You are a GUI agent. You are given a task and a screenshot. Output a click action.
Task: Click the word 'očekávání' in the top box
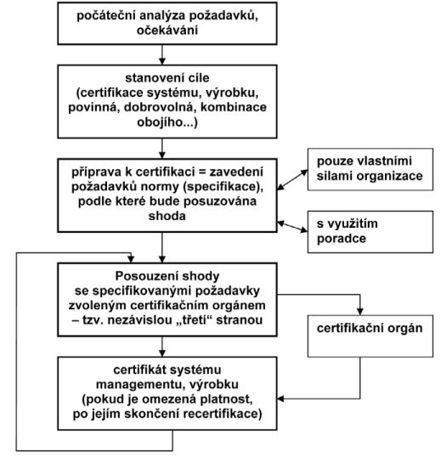click(x=167, y=31)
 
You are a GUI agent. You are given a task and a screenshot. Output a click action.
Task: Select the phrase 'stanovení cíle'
click(x=167, y=78)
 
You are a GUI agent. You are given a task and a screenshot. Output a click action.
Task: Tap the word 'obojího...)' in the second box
click(x=167, y=122)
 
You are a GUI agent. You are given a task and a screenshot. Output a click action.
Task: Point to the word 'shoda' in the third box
click(x=167, y=216)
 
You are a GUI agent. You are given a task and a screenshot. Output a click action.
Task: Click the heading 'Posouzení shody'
click(x=167, y=276)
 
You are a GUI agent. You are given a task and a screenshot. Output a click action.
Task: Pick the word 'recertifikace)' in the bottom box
click(x=219, y=414)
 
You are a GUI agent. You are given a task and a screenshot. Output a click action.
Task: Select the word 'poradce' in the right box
click(x=342, y=239)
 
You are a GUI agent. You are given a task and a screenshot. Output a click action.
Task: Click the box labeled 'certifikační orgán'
click(x=370, y=336)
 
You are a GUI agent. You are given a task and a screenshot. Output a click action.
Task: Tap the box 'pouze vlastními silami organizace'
click(x=370, y=169)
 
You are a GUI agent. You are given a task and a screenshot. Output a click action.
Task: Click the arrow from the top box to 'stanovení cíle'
click(x=162, y=54)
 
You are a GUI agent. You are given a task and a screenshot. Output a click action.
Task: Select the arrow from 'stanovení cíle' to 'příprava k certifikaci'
click(x=162, y=149)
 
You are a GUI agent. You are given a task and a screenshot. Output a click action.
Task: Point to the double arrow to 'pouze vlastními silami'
click(x=292, y=180)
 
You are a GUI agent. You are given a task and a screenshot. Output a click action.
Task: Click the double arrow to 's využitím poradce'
click(x=292, y=227)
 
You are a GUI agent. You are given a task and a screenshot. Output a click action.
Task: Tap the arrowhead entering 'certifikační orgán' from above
click(x=359, y=311)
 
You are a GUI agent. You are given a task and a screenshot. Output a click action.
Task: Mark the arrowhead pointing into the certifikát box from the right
click(x=280, y=399)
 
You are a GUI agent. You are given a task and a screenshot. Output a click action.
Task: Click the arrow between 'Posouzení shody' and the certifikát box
click(x=162, y=347)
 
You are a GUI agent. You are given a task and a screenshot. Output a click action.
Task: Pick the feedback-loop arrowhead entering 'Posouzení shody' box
click(x=131, y=259)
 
